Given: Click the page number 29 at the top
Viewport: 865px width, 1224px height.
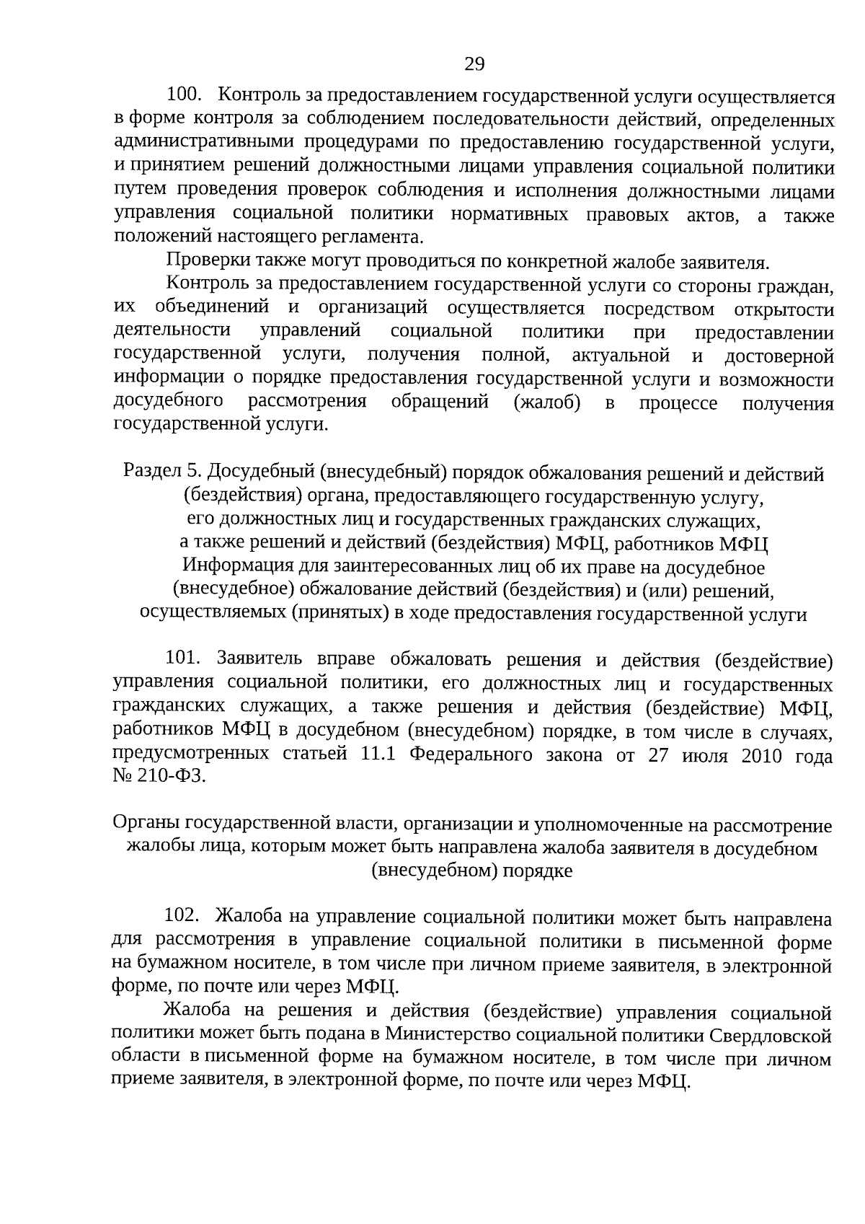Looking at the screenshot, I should tap(474, 64).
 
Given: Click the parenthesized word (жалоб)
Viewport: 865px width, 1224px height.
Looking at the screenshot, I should tap(547, 402).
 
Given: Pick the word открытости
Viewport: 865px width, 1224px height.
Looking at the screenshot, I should tap(784, 309).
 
